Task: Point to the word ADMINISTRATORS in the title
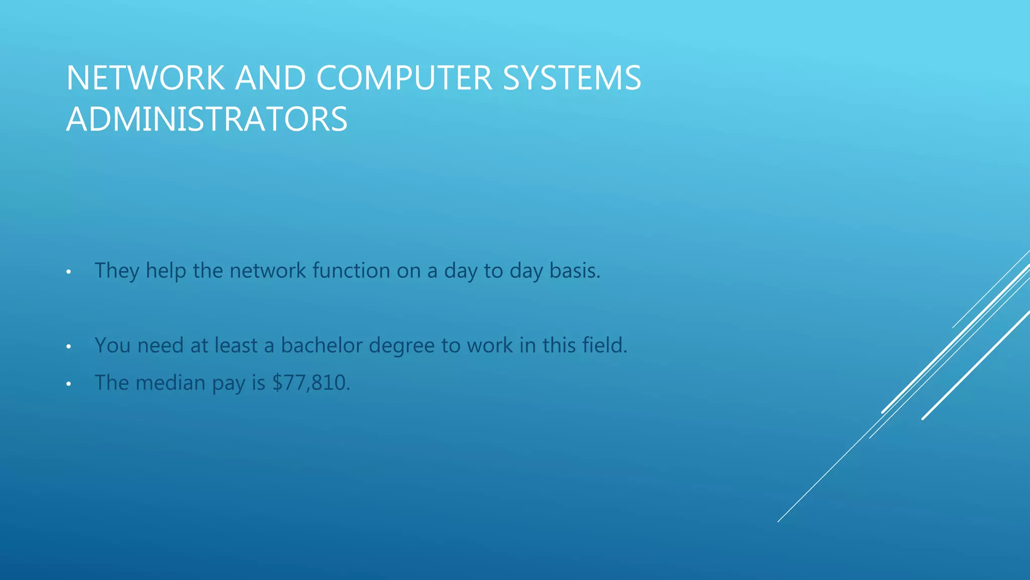207,119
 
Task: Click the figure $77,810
310,383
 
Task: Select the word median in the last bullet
170,383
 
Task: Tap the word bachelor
321,345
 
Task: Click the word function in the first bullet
351,270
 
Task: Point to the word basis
574,270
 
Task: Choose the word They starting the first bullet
117,271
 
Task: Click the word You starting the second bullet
113,345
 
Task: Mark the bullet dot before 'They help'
68,272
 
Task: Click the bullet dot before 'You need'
68,347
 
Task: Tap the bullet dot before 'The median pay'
68,385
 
